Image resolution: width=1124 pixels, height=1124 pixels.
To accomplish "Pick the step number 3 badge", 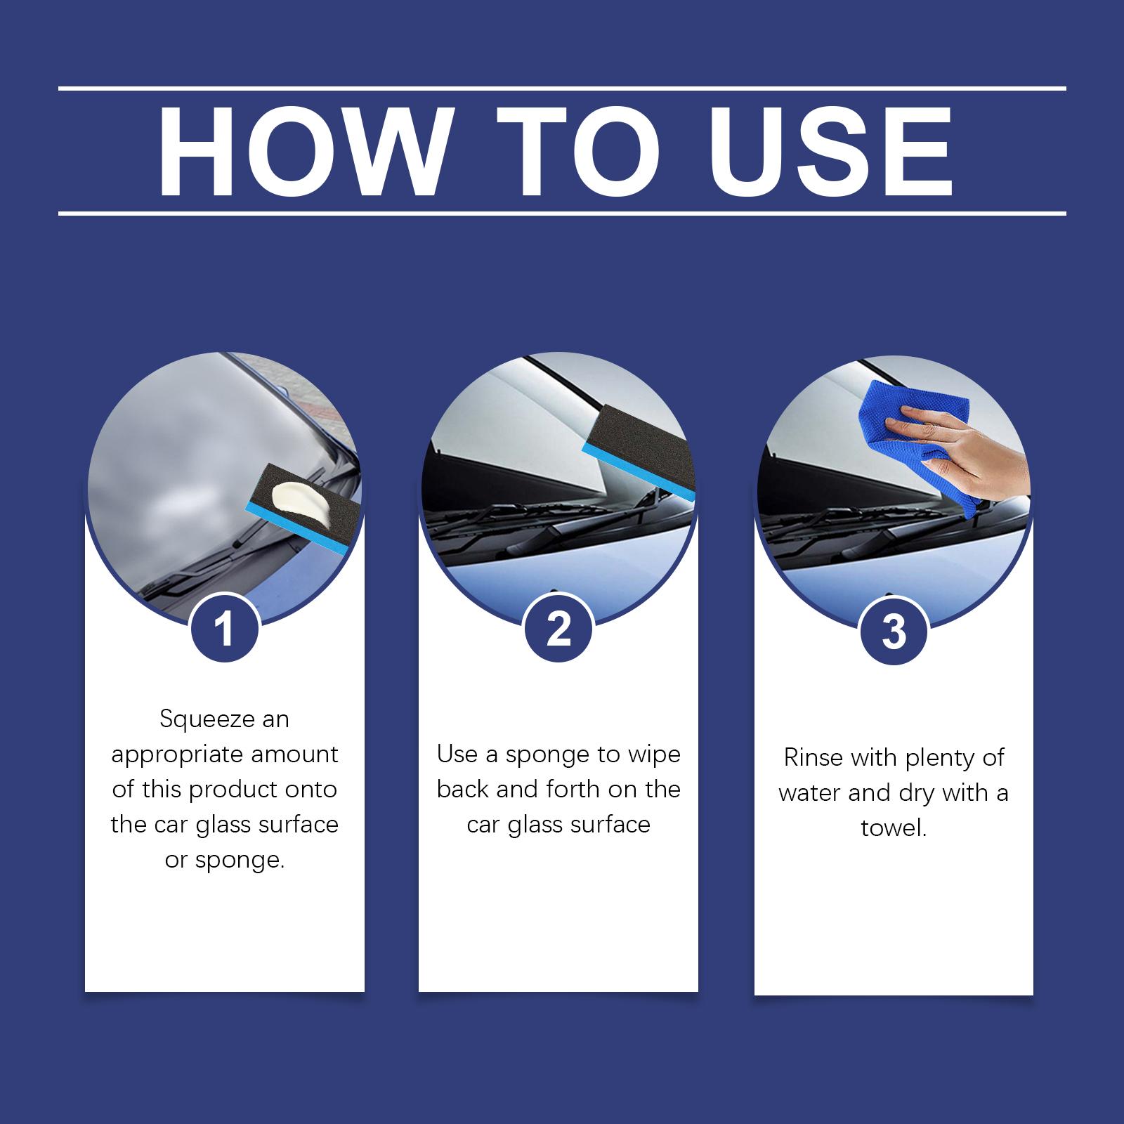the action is (x=894, y=631).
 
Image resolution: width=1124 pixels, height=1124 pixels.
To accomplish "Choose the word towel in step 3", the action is (x=894, y=828).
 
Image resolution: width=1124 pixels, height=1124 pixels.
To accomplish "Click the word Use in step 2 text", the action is (x=457, y=754).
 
